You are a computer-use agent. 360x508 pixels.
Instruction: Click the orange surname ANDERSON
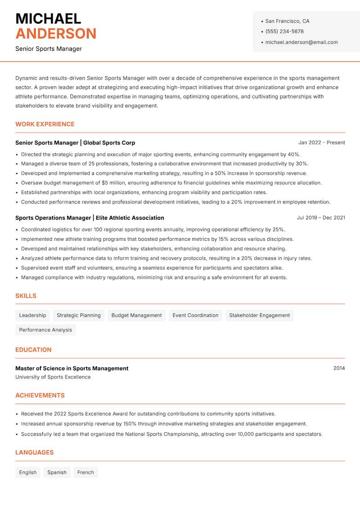pos(56,34)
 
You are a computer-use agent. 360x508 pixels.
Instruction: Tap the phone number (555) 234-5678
pos(284,31)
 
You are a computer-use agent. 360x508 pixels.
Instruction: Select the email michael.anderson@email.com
pos(301,42)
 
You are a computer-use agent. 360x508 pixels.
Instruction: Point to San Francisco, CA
pos(287,21)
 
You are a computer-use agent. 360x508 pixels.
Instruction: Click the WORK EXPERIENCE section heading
pos(45,124)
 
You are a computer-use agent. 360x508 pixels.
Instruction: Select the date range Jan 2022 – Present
pos(321,143)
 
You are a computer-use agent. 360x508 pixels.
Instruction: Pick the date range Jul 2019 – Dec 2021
pos(321,218)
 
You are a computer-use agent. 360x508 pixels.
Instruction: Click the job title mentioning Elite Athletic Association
pos(90,218)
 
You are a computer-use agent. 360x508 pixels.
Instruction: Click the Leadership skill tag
pos(32,315)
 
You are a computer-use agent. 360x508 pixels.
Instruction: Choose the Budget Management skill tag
pos(136,315)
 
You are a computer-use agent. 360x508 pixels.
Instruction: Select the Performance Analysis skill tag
pos(45,330)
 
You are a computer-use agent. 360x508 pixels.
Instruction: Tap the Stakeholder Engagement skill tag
pos(259,315)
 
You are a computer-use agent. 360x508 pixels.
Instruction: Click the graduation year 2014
pos(339,368)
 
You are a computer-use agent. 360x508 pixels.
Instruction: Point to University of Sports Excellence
pos(53,377)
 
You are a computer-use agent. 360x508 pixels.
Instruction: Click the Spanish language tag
pos(57,472)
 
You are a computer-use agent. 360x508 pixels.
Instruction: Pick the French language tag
pos(85,472)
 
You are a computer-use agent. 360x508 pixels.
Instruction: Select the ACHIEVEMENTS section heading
pos(40,395)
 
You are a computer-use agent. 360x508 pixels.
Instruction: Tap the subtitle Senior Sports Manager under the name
pos(49,49)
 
